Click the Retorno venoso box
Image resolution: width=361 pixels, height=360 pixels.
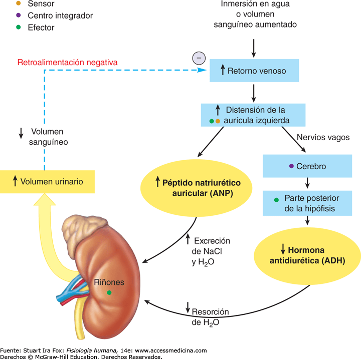254,71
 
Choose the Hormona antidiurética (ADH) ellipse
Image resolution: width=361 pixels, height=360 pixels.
307,255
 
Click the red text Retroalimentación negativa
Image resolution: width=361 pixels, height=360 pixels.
67,63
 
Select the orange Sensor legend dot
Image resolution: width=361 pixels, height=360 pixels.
19,4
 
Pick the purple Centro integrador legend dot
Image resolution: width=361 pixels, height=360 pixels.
19,16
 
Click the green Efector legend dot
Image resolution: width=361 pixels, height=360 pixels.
19,28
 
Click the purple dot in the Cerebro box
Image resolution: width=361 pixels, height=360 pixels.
290,166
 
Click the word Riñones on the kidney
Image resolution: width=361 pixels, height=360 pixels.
109,282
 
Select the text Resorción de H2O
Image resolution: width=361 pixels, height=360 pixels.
210,317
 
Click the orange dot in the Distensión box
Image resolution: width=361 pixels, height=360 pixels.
218,121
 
